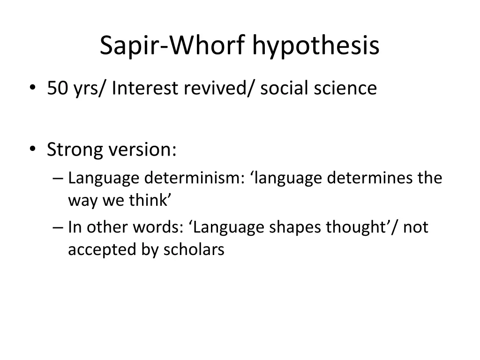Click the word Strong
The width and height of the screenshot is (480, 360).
[75, 150]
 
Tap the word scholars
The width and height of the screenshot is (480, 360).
[194, 249]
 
